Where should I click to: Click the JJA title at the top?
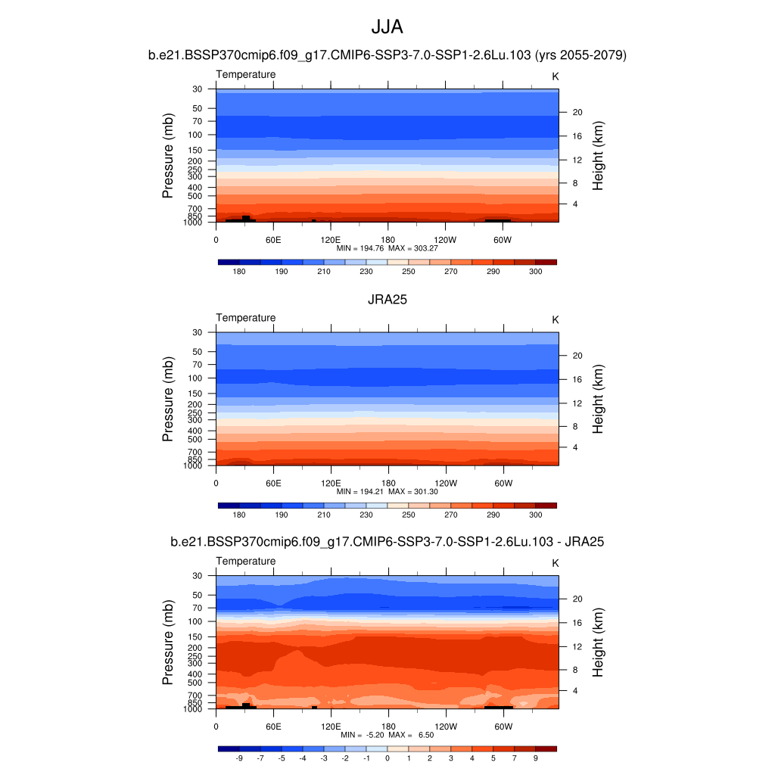point(387,27)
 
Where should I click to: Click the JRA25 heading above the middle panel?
point(387,300)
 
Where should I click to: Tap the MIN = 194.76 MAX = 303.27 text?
point(387,248)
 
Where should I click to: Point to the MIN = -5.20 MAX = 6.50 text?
point(387,735)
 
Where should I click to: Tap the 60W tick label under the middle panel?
point(503,482)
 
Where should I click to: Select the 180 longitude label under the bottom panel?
point(387,726)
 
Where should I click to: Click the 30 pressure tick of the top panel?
point(198,89)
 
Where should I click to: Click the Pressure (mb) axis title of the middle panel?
point(168,400)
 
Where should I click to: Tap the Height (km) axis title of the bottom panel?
point(598,643)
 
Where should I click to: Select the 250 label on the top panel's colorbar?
point(409,272)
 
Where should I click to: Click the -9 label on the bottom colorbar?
point(239,758)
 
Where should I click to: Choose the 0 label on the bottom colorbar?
point(387,758)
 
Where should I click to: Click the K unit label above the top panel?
point(555,76)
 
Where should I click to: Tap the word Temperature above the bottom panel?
point(246,561)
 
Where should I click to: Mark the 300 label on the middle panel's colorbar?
point(535,515)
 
